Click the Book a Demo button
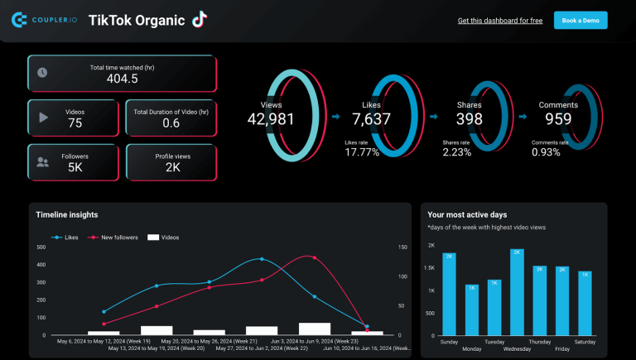click(581, 21)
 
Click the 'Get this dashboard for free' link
click(499, 21)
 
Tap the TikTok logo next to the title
click(199, 20)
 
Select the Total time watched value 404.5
click(122, 79)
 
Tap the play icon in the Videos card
click(43, 118)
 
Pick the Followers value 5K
click(75, 167)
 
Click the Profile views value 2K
click(172, 167)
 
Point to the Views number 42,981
click(271, 119)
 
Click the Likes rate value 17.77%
click(362, 152)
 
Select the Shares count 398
click(469, 119)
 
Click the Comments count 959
click(558, 119)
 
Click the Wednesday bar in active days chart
click(518, 292)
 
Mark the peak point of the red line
click(312, 257)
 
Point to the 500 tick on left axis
click(41, 247)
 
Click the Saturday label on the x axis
click(585, 341)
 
